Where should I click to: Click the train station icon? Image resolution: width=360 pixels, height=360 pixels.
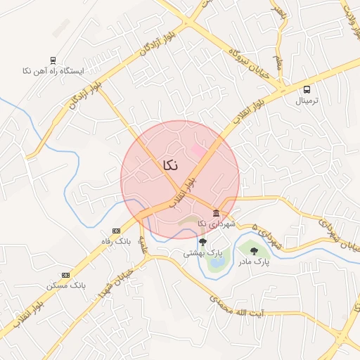[54, 60]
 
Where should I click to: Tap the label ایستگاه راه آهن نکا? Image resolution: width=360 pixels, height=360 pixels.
[54, 72]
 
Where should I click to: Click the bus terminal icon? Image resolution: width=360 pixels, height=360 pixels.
[307, 89]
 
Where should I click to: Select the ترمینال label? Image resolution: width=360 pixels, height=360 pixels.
[307, 101]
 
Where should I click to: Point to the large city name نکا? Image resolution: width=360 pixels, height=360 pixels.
[169, 165]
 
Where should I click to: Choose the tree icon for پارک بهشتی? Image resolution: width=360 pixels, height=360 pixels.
[203, 241]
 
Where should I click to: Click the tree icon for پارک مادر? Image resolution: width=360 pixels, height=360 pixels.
[254, 250]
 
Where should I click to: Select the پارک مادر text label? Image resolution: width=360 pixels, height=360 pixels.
[254, 262]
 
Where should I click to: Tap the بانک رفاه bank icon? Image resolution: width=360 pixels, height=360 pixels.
[116, 231]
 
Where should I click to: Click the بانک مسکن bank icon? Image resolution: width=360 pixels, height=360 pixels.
[65, 274]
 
